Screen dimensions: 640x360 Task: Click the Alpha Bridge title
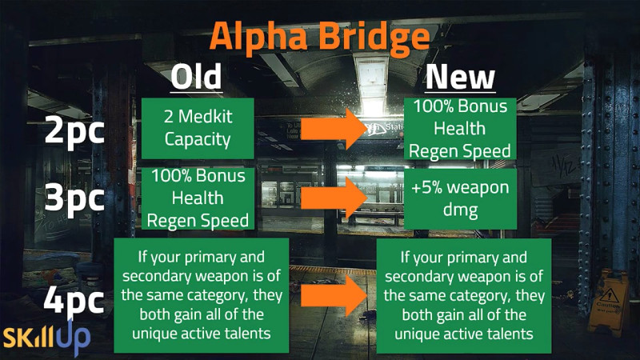[319, 38]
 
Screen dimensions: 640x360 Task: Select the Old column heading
[196, 77]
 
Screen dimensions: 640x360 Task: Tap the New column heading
[460, 77]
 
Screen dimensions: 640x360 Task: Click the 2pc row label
[74, 130]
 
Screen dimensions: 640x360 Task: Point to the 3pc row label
[74, 198]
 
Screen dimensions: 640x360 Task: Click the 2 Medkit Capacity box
[198, 129]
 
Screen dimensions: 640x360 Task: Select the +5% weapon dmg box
[461, 198]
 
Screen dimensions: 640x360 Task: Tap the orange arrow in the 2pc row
[334, 129]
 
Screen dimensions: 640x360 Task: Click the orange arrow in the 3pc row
[334, 198]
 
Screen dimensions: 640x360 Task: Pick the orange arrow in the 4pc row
[334, 296]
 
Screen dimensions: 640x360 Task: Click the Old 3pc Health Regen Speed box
[198, 198]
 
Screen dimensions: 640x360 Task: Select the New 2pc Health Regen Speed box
[460, 129]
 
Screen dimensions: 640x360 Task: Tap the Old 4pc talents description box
[202, 295]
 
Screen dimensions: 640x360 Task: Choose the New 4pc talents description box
[464, 296]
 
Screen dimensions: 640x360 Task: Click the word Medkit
[205, 117]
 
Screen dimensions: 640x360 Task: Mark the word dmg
[460, 210]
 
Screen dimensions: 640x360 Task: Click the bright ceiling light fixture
[372, 83]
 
